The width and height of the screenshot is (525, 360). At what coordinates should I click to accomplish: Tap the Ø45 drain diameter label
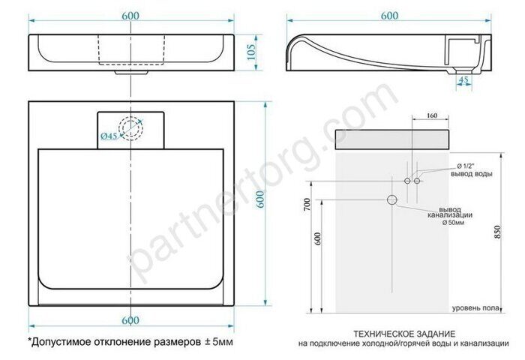[109, 136]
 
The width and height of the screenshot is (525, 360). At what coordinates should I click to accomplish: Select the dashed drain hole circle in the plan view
[133, 128]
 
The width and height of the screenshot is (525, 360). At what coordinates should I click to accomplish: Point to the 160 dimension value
[430, 116]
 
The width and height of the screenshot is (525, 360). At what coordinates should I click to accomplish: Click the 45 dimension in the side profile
[463, 79]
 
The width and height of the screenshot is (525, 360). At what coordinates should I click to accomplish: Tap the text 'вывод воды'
[469, 174]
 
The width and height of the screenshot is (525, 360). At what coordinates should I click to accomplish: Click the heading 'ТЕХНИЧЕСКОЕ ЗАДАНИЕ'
[404, 333]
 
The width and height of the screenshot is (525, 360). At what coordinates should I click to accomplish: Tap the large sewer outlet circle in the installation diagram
[391, 199]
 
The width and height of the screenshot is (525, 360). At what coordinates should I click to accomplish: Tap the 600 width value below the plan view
[131, 320]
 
